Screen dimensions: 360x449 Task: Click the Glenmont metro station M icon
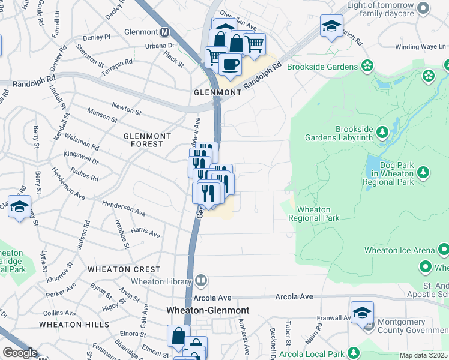pos(164,31)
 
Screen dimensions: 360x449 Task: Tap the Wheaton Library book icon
pos(201,280)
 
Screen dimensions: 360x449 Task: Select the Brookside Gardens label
pos(322,66)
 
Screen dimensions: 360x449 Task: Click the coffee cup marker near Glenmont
pos(230,63)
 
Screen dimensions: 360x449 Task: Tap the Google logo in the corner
pos(20,353)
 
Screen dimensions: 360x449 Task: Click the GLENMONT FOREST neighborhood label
pos(143,140)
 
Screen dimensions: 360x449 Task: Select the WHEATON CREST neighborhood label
pos(124,269)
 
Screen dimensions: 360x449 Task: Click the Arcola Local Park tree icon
pos(354,352)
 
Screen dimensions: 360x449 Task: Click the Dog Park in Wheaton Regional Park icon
pos(424,173)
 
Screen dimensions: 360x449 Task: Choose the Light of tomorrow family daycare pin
pos(424,8)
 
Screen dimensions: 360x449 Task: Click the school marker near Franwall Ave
pos(362,313)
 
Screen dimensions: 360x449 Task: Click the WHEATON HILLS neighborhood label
pos(66,324)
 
